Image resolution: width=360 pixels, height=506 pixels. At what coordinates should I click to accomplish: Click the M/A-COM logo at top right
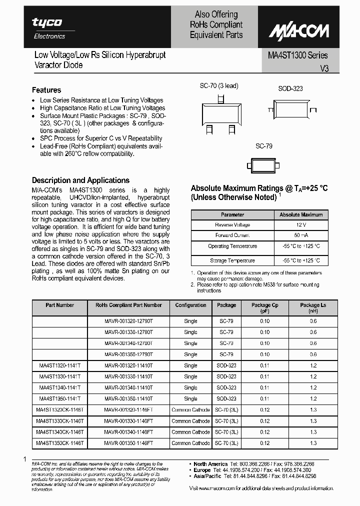[x=299, y=31]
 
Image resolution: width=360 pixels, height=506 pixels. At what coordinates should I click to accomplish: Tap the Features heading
[x=46, y=90]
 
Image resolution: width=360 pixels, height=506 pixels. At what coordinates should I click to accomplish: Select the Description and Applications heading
[x=80, y=180]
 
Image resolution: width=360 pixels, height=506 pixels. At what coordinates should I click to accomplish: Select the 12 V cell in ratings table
[x=300, y=225]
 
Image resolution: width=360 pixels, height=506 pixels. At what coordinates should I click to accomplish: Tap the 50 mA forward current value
[x=300, y=235]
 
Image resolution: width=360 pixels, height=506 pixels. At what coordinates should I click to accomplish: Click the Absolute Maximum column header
[x=300, y=214]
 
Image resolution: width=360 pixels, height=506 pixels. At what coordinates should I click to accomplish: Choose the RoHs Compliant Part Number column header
[x=128, y=305]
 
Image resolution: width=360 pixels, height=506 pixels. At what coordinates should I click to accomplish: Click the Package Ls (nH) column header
[x=313, y=307]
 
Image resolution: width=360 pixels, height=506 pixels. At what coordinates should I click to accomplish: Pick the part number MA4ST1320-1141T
[x=59, y=365]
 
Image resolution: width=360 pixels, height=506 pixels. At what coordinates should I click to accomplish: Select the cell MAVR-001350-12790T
[x=128, y=354]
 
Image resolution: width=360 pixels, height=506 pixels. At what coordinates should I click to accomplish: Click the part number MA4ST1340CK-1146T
[x=59, y=432]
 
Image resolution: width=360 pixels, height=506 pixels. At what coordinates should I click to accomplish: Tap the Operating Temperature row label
[x=232, y=246]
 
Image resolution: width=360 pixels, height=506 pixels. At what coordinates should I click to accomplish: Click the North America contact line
[x=254, y=463]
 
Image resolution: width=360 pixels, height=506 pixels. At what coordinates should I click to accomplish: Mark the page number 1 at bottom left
[x=24, y=459]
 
